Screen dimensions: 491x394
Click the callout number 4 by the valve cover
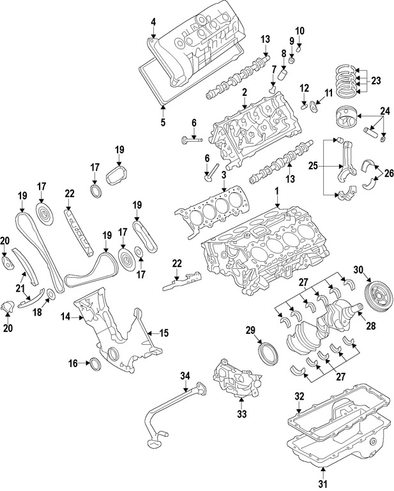coord(153,23)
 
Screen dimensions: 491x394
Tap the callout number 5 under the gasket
coord(163,122)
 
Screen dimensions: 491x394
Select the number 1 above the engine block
coord(277,192)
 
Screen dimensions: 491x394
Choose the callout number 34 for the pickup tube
coord(185,375)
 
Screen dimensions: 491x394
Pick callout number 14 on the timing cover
coord(66,316)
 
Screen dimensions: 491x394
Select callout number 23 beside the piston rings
coord(375,81)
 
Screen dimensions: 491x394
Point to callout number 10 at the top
coord(300,30)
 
